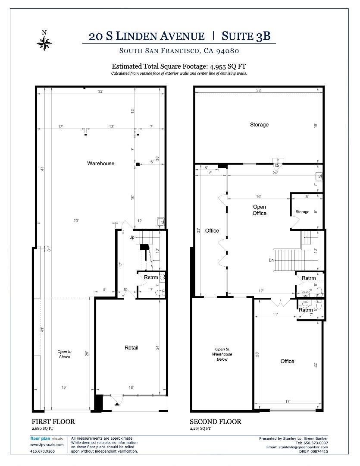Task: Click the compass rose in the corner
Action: click(x=44, y=42)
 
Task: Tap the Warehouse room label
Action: click(x=101, y=164)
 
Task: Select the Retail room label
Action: click(x=131, y=347)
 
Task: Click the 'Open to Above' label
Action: click(x=64, y=354)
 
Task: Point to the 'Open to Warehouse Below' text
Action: click(x=222, y=354)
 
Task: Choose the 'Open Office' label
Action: click(x=259, y=210)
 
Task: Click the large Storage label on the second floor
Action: click(x=259, y=125)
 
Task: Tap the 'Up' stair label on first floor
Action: click(x=131, y=237)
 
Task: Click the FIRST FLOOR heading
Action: click(x=53, y=422)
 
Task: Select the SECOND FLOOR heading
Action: click(x=216, y=422)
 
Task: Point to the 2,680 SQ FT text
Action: click(x=42, y=428)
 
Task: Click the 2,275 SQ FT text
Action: click(x=200, y=428)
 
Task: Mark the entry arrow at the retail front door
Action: click(x=116, y=403)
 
